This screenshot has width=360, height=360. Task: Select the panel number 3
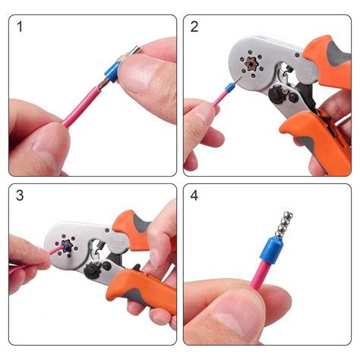[21, 196]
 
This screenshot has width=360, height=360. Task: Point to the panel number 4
[195, 196]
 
